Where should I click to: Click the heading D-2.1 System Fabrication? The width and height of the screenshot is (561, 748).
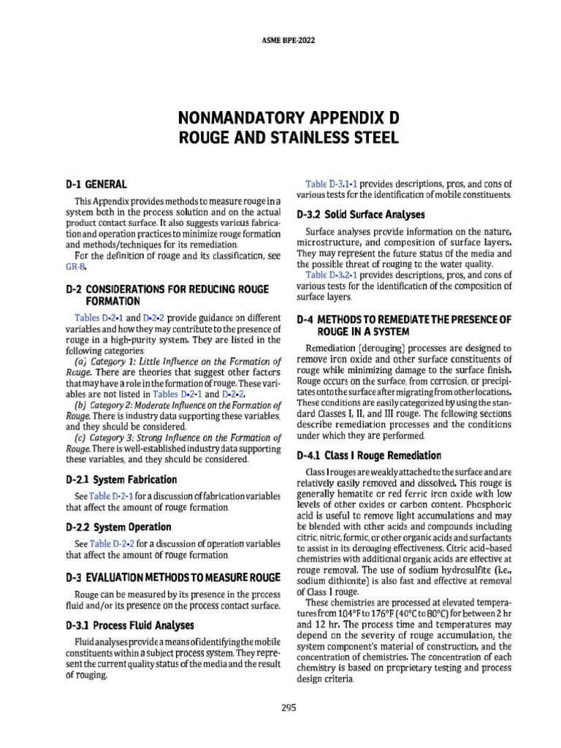pos(121,480)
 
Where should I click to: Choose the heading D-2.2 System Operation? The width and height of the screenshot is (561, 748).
pos(118,527)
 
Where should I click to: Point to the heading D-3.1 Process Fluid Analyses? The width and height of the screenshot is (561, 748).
pos(129,625)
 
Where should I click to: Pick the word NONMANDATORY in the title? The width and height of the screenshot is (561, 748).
pos(232,118)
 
